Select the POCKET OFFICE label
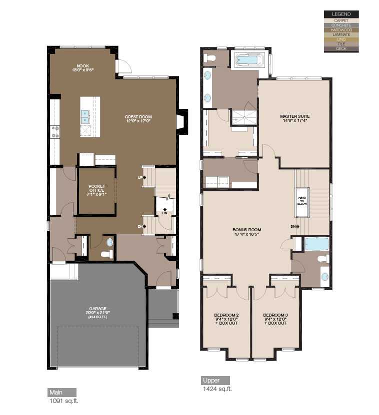[x=96, y=190]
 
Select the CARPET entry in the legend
[x=341, y=20]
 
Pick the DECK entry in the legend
[x=341, y=48]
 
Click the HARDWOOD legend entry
[x=341, y=29]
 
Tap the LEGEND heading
[x=341, y=14]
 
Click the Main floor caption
[x=56, y=393]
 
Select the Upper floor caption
[x=211, y=381]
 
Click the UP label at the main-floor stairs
[x=140, y=177]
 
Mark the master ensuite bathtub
[x=248, y=60]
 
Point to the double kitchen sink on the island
[x=85, y=116]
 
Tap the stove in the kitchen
[x=54, y=132]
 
